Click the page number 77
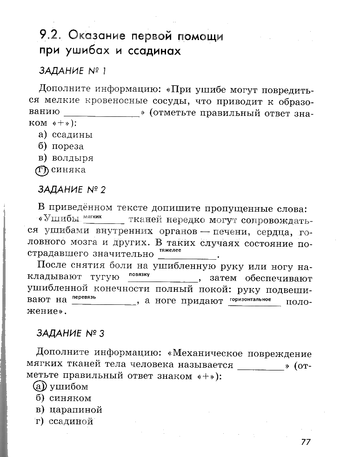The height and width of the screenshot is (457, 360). [305, 442]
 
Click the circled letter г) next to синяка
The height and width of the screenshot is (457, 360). [42, 170]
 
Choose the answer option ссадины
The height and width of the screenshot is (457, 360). [72, 135]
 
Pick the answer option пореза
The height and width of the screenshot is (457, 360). [67, 147]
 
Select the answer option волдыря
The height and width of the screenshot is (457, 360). [72, 158]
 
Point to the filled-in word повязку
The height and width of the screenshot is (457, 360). [139, 274]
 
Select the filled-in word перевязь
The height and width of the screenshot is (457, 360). [84, 297]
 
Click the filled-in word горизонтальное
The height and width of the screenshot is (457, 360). [250, 297]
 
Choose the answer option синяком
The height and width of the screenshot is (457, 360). [70, 398]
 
